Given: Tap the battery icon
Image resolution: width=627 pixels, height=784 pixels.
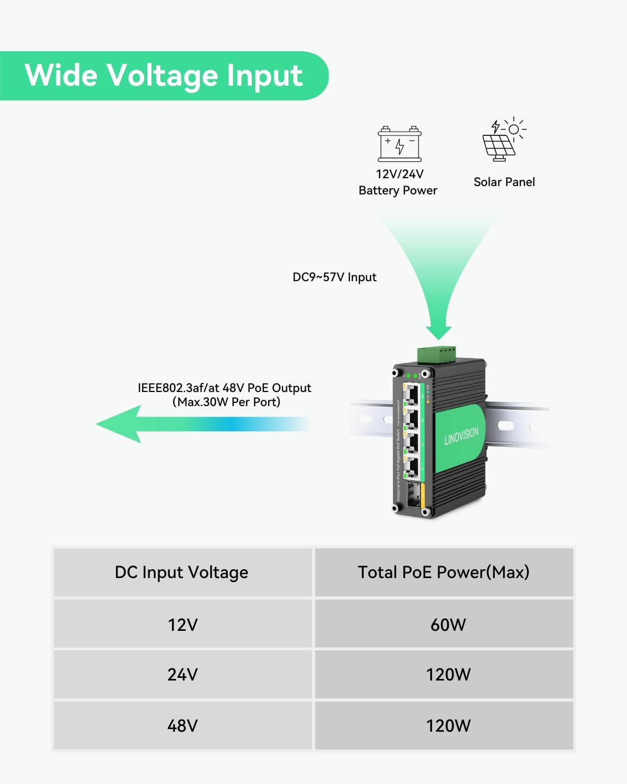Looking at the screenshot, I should tap(400, 144).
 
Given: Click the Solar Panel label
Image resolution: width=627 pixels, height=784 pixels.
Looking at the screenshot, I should tap(504, 182).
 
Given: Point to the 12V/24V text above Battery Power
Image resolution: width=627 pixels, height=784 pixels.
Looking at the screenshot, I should tap(400, 174).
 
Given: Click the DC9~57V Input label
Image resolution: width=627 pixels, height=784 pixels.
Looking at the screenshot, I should tap(334, 277).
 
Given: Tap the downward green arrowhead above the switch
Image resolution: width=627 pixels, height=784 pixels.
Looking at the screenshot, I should tap(438, 332).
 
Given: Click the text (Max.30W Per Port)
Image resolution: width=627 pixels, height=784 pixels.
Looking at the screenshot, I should tap(226, 402).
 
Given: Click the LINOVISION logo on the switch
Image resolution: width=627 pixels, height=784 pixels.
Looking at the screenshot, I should tap(461, 436).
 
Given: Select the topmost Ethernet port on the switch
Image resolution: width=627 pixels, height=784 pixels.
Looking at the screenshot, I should tap(411, 393).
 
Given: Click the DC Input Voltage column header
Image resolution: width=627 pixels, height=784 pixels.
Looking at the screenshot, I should tap(181, 572).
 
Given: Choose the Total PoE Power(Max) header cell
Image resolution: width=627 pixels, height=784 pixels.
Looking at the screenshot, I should tap(444, 572).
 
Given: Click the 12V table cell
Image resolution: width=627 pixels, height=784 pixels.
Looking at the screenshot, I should tap(182, 625).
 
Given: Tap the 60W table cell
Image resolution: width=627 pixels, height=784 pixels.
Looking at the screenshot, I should tap(448, 625).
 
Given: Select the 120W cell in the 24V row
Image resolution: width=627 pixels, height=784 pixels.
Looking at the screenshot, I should tap(448, 675).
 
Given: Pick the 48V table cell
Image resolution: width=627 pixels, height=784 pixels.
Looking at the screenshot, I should tap(182, 725).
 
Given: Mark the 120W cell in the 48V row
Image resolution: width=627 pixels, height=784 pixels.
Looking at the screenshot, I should tap(448, 725).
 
